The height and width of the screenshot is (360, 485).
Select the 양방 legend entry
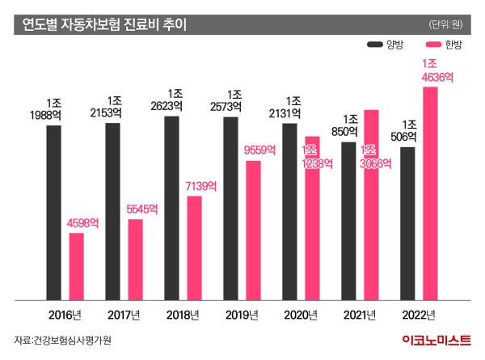click(392, 46)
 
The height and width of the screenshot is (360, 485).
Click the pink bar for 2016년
click(76, 266)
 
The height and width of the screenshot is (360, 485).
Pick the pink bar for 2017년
click(135, 259)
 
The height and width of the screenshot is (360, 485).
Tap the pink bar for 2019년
click(253, 230)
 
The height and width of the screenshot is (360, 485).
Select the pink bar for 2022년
click(430, 193)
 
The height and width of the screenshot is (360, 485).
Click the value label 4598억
click(82, 222)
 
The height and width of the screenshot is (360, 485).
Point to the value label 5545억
click(141, 209)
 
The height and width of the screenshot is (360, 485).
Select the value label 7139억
click(200, 186)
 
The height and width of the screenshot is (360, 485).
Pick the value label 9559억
click(259, 150)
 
